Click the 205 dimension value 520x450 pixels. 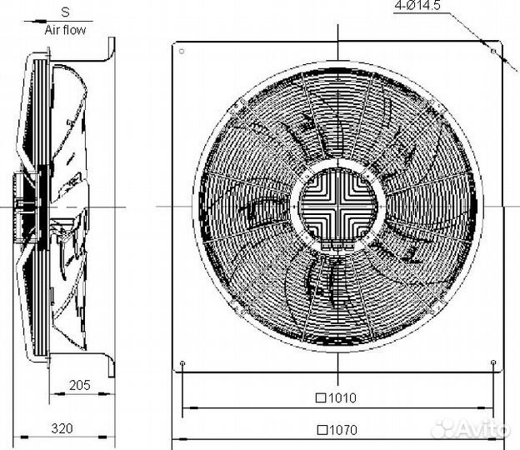click(x=80, y=385)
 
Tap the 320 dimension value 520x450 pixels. click(x=62, y=428)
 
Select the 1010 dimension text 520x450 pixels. click(x=342, y=397)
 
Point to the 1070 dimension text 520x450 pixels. click(x=343, y=430)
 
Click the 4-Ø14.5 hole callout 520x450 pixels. click(x=417, y=5)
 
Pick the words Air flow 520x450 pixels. click(x=65, y=30)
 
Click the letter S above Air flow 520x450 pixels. click(x=65, y=12)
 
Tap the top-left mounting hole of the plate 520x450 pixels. click(x=182, y=51)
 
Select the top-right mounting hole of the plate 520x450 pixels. click(x=493, y=51)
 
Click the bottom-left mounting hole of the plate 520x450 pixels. click(x=182, y=362)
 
